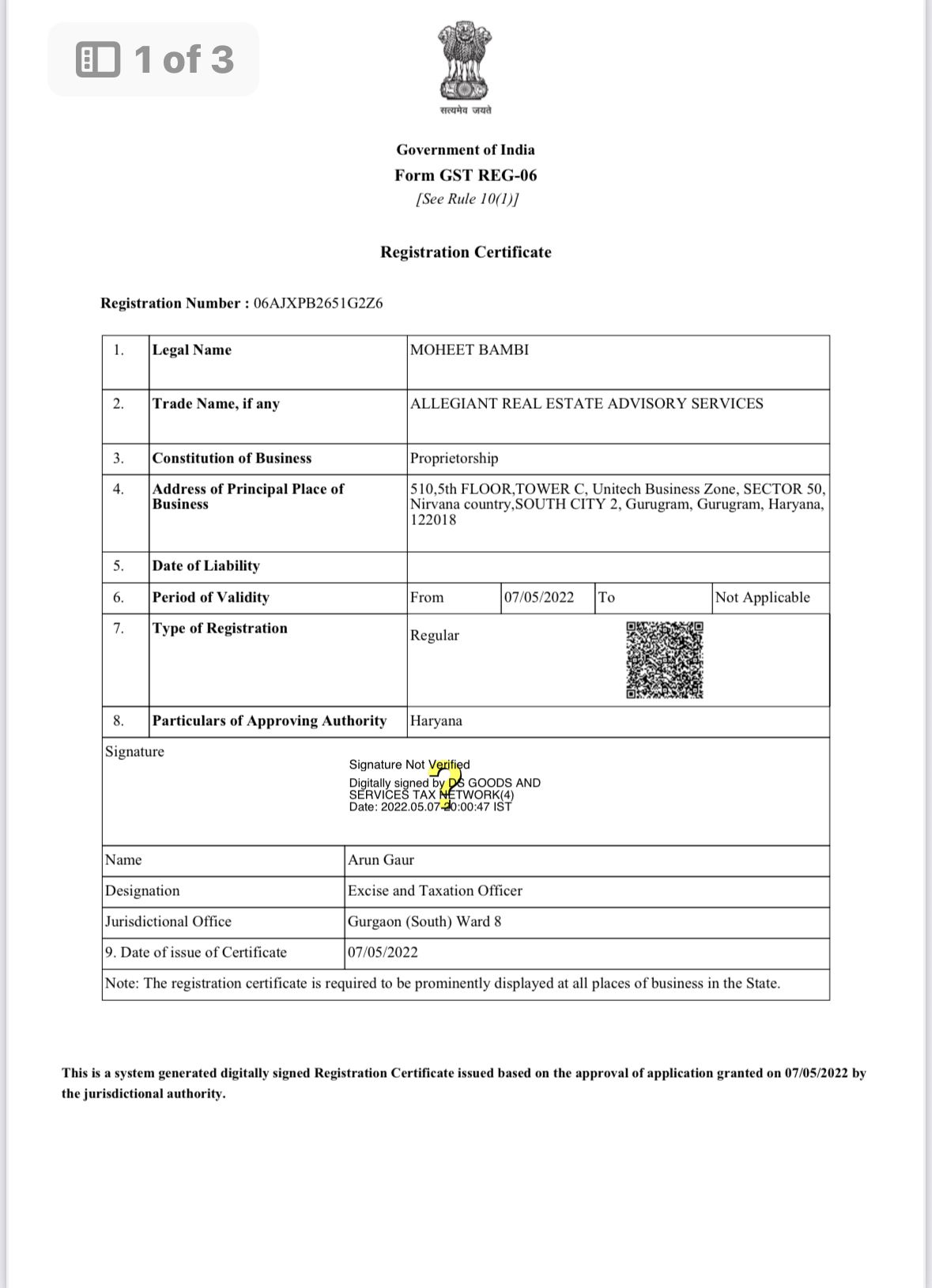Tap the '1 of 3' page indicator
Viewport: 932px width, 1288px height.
[154, 59]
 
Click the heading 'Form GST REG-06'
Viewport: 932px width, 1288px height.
[466, 176]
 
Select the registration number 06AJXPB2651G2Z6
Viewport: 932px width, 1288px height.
[318, 304]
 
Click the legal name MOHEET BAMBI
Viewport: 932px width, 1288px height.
[470, 350]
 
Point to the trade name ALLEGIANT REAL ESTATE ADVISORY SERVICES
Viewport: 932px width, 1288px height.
[587, 404]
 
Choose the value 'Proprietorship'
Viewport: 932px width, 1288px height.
[454, 459]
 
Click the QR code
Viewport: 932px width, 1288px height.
[665, 660]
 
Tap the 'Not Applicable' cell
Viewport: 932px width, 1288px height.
[762, 598]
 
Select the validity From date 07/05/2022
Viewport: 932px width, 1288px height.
[539, 598]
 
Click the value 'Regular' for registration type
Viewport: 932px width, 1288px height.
[434, 636]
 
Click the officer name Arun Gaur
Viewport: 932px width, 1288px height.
[381, 860]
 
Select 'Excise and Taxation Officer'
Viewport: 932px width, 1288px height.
[435, 891]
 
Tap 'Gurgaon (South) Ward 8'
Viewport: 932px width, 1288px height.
[424, 922]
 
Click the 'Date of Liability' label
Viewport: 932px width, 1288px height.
[206, 566]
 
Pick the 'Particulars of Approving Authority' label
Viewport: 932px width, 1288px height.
[270, 721]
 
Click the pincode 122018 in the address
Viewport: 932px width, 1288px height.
[433, 520]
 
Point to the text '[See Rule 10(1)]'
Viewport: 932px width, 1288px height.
[467, 199]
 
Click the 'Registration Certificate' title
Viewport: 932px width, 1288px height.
[466, 252]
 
